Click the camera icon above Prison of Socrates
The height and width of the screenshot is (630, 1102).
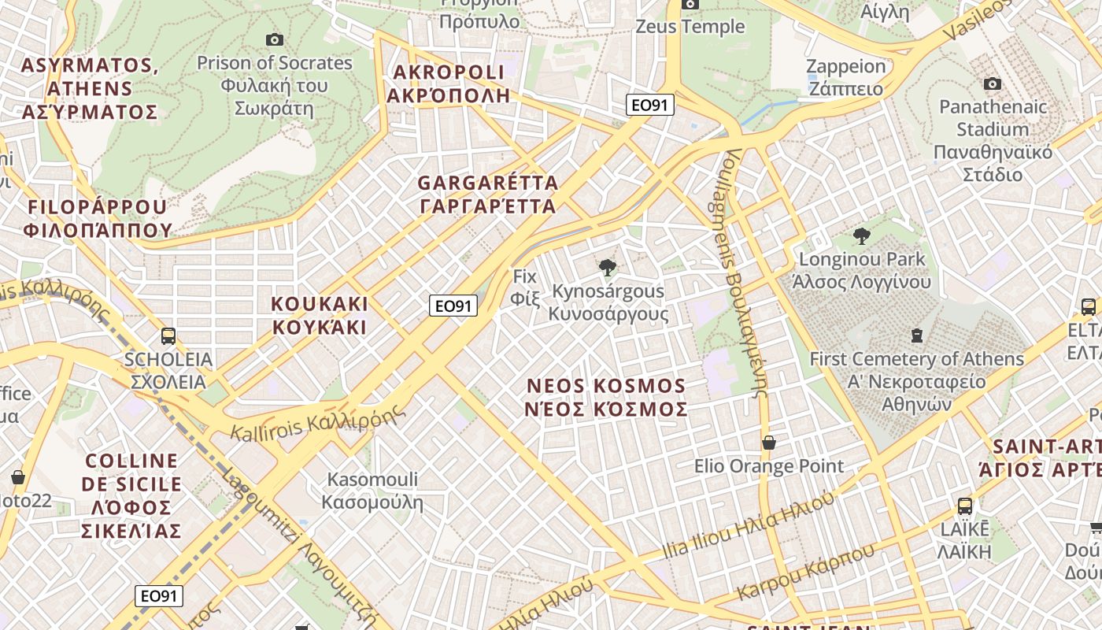[x=275, y=39]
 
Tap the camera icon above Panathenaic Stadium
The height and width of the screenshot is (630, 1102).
[x=993, y=83]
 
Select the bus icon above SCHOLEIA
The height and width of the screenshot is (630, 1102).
[x=168, y=336]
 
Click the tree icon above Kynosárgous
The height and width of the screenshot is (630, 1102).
[x=607, y=268]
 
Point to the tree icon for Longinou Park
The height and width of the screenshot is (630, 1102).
[x=862, y=235]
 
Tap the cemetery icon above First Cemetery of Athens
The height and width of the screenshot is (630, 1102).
[x=916, y=336]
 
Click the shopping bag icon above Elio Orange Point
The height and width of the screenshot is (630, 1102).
[x=769, y=443]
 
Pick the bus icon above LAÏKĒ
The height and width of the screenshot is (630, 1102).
[x=964, y=506]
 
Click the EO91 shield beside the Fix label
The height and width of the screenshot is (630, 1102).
[x=453, y=306]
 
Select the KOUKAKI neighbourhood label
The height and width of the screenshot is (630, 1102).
[x=320, y=315]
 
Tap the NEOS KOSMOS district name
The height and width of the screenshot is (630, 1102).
[x=606, y=398]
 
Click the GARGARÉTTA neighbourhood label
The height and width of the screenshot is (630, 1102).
[x=487, y=195]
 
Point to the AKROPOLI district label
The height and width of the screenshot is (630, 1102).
[x=449, y=83]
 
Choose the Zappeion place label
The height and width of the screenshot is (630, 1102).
[x=846, y=77]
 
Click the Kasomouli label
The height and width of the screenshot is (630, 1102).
[x=372, y=491]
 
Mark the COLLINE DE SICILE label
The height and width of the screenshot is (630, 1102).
[x=132, y=495]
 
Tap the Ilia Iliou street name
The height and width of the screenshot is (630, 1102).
[x=747, y=526]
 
